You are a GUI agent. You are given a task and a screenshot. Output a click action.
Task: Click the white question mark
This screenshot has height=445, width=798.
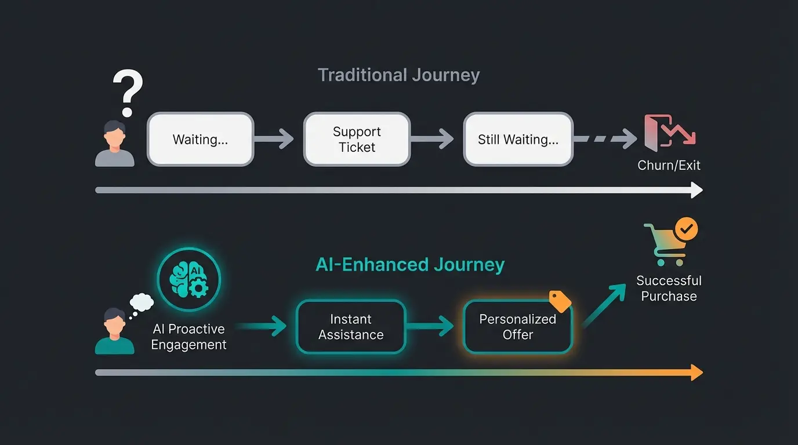(128, 93)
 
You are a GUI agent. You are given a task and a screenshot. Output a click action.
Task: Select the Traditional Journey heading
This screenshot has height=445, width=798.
(398, 75)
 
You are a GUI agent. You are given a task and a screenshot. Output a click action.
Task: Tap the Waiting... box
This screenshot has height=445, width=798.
(200, 140)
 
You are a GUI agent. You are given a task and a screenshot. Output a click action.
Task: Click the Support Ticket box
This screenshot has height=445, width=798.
(357, 140)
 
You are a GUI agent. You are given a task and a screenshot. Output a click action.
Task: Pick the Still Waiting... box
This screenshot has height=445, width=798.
(518, 140)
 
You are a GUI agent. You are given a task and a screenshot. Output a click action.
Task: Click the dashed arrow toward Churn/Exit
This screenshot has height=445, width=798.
(605, 139)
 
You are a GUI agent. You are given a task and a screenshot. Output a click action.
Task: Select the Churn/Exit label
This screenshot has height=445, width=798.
(669, 165)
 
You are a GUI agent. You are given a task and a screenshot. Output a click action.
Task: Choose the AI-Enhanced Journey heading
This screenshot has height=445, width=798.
(410, 265)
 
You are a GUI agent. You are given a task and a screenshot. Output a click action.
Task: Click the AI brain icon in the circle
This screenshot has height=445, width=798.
(189, 279)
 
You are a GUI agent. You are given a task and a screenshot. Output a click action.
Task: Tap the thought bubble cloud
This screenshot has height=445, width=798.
(142, 302)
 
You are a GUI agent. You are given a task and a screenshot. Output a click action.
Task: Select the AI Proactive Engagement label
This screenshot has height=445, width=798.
(188, 337)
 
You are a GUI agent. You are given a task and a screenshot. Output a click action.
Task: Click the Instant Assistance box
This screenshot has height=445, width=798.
(351, 327)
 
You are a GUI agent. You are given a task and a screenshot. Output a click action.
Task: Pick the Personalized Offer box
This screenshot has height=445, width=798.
(518, 327)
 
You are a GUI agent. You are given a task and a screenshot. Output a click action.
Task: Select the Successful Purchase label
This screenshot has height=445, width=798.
(669, 289)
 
